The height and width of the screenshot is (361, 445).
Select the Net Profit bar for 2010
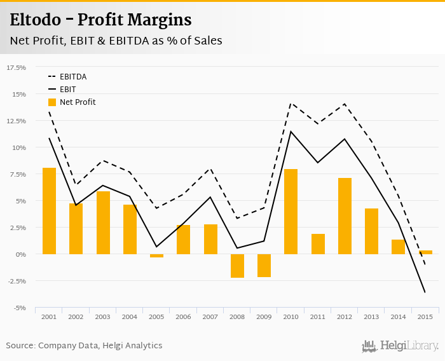coord(291,212)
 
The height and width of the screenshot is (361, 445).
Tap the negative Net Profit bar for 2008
coord(237,266)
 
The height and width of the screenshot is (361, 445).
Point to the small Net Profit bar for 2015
coord(425,252)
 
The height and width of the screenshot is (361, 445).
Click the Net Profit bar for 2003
coord(103,222)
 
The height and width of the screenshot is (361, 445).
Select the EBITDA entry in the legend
coord(73,77)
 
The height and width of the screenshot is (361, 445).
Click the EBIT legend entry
coord(67,90)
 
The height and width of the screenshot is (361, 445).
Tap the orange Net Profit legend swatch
coord(51,102)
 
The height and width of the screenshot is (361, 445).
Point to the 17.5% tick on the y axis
coord(17,67)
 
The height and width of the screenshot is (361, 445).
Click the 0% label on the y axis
coord(20,254)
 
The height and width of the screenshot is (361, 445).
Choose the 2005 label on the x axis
coord(156,317)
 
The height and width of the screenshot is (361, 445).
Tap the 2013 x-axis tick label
coord(371,317)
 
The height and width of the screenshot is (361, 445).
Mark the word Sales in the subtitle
coord(207,41)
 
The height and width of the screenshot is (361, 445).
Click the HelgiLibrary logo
coord(400,346)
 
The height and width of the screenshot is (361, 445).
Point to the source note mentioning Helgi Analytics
coord(84,346)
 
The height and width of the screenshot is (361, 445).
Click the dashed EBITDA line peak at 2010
coord(291,103)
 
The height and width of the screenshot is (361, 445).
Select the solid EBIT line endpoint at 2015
coord(425,292)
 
